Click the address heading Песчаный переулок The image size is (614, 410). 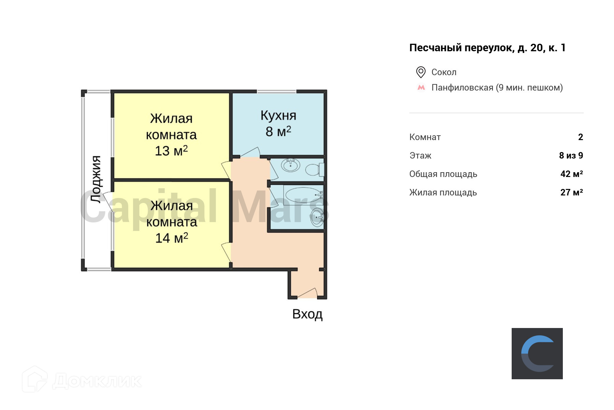point(487,48)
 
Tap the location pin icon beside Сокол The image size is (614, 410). point(421,72)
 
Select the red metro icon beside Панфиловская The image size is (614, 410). point(421,87)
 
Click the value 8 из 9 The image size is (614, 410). point(571,155)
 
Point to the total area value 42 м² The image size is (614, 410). point(571,174)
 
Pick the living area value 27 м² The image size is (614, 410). point(571,192)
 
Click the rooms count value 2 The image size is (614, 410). point(580,137)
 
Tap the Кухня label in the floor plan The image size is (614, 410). point(278,115)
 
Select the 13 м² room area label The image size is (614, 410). point(171,151)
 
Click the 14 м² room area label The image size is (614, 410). point(172,238)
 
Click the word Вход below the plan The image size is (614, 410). point(307,314)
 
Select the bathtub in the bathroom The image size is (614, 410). point(302,195)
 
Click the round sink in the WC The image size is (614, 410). point(291,166)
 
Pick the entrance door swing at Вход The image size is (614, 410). point(307,293)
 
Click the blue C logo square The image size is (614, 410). point(537,353)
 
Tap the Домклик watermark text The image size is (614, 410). point(97,381)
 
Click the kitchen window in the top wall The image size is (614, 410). point(276,92)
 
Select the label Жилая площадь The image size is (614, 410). point(443,192)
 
